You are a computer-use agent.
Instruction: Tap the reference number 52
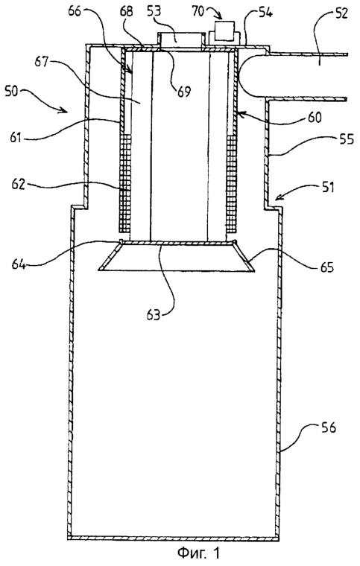[x=339, y=13]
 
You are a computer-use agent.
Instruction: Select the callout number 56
[x=327, y=427]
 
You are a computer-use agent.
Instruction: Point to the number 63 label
[x=152, y=314]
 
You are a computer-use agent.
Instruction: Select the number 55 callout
[x=346, y=139]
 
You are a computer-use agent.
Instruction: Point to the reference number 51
[x=326, y=188]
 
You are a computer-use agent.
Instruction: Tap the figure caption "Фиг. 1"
[x=198, y=553]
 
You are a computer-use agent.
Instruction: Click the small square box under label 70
[x=224, y=31]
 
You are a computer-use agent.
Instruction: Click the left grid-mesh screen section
[x=124, y=183]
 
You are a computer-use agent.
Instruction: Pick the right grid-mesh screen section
[x=231, y=184]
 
